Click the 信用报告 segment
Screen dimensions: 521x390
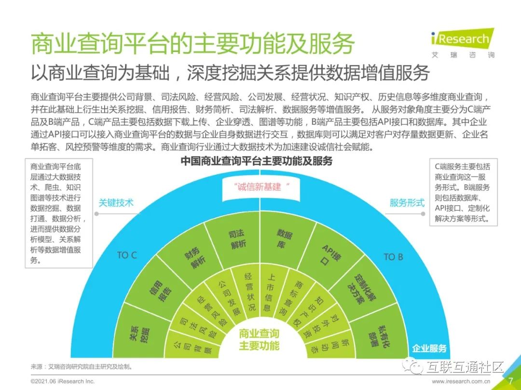point(161,286)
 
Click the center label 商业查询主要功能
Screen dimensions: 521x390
point(259,339)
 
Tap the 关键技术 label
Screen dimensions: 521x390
point(116,203)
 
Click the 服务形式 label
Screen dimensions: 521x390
point(407,203)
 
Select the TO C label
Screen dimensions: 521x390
point(127,255)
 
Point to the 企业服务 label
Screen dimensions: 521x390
point(429,348)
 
